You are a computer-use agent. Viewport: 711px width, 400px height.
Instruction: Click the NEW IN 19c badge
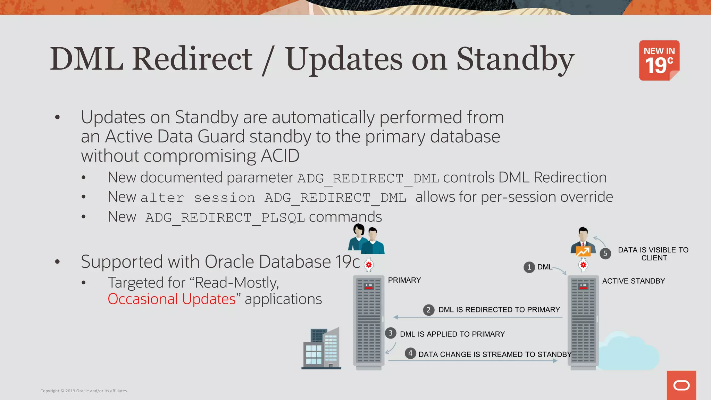pos(659,60)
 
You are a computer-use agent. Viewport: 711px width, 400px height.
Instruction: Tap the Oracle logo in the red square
pos(681,385)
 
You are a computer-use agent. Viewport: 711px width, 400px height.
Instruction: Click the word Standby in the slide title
pos(515,59)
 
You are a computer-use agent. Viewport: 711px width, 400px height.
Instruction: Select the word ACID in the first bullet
pos(280,156)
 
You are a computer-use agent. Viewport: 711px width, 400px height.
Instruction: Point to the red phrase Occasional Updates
pos(172,299)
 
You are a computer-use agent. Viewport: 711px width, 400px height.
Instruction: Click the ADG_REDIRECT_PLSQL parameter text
pos(225,218)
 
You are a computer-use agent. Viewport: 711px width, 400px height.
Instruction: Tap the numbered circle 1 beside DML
pos(529,267)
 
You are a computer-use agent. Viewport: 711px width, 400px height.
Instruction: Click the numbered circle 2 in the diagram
pos(428,310)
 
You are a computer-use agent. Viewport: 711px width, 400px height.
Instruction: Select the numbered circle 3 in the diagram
pos(391,333)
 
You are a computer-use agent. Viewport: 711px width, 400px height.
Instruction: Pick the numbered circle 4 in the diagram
pos(410,353)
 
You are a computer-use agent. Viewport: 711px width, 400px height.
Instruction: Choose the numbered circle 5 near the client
pos(605,253)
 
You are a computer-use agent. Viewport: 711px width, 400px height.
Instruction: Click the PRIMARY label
pos(404,280)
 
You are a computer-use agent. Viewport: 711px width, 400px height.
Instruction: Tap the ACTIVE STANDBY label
pos(633,281)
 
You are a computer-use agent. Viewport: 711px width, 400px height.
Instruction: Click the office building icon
pos(321,348)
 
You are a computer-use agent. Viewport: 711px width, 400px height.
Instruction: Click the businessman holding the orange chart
pos(583,243)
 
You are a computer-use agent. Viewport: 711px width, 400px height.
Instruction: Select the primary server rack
pos(368,322)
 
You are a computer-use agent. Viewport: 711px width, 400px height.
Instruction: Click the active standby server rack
pos(583,322)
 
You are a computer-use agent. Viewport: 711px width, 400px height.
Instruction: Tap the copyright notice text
pos(84,391)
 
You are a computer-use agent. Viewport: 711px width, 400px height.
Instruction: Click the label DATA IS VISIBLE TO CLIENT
pos(653,254)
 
